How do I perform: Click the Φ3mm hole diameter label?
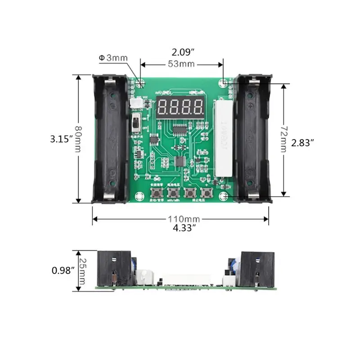pyautogui.click(x=113, y=58)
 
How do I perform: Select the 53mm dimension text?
pyautogui.click(x=181, y=64)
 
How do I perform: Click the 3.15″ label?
pyautogui.click(x=62, y=139)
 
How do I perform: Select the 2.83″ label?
pyautogui.click(x=302, y=143)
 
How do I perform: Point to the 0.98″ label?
pyautogui.click(x=62, y=270)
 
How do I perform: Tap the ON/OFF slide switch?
pyautogui.click(x=135, y=121)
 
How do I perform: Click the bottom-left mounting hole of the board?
pyautogui.click(x=138, y=196)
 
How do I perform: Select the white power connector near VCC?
pyautogui.click(x=134, y=103)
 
